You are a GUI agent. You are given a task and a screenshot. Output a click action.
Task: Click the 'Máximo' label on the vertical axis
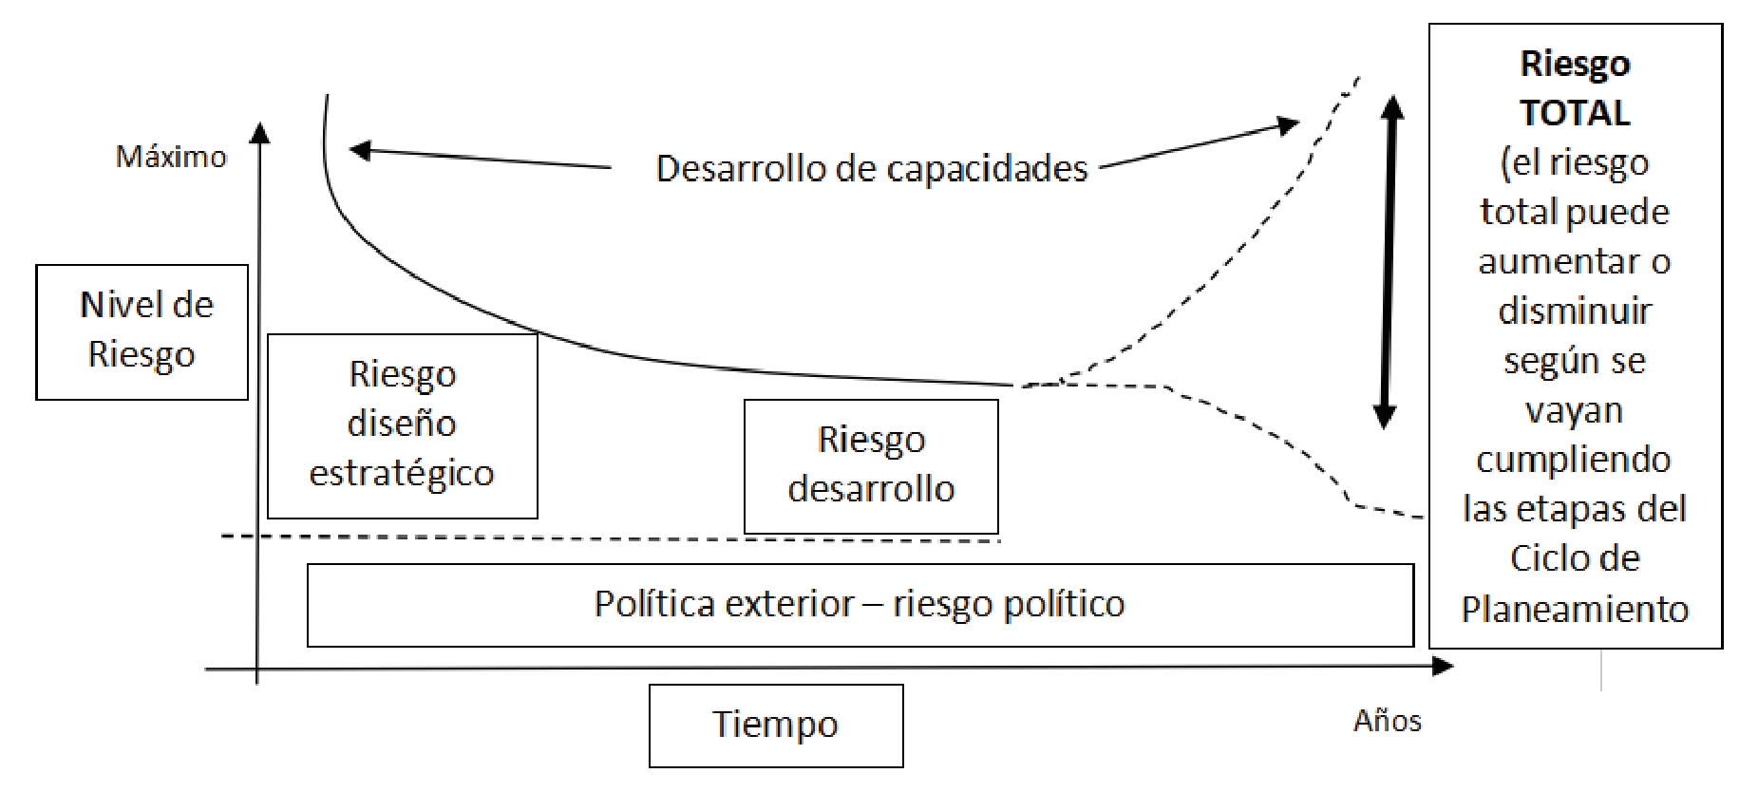(x=171, y=157)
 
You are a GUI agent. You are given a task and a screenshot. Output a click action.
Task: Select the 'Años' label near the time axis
(x=1387, y=722)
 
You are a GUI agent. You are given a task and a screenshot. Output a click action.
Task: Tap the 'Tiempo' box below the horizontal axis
(x=776, y=726)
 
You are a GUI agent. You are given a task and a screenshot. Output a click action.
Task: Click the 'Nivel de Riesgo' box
(x=142, y=331)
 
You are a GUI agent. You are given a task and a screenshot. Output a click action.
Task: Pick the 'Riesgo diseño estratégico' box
(x=402, y=424)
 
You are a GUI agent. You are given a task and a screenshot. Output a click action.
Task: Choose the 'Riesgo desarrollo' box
(x=871, y=465)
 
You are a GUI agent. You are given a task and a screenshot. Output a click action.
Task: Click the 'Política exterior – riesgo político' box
(x=860, y=605)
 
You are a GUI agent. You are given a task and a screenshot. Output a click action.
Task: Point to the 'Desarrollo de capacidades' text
(x=871, y=169)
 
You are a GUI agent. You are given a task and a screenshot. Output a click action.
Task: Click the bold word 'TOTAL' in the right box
(x=1575, y=113)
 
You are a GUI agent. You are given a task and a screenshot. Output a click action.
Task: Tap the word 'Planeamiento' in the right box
(x=1575, y=609)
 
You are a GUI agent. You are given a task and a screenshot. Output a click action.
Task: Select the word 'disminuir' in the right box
(x=1575, y=311)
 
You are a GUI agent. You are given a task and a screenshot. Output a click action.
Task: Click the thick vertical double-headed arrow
(x=1388, y=261)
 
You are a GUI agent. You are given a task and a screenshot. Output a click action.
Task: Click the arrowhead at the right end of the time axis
(x=1444, y=667)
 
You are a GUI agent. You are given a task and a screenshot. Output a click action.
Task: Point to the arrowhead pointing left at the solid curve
(x=359, y=149)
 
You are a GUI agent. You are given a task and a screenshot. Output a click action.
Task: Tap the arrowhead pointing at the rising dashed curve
(x=1289, y=124)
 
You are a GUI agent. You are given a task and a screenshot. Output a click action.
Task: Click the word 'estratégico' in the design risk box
(x=402, y=473)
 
